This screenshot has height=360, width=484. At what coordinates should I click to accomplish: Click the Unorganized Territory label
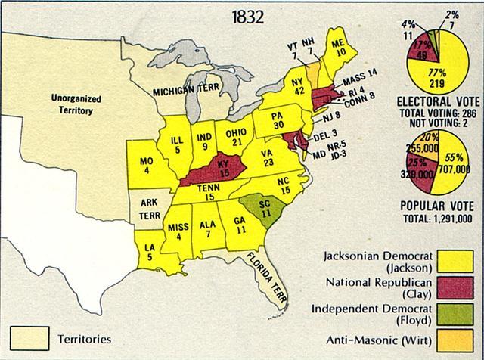point(72,104)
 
